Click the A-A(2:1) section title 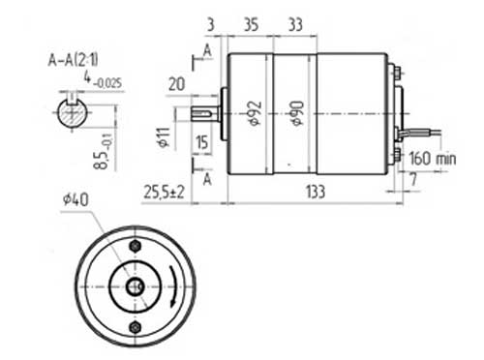73,60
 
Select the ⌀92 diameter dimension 256,113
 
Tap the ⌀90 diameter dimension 297,113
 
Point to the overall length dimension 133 316,192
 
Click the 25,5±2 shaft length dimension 164,192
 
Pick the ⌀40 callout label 76,199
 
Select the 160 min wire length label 433,159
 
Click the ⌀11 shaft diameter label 164,137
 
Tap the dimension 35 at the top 251,24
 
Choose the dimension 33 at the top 295,24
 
